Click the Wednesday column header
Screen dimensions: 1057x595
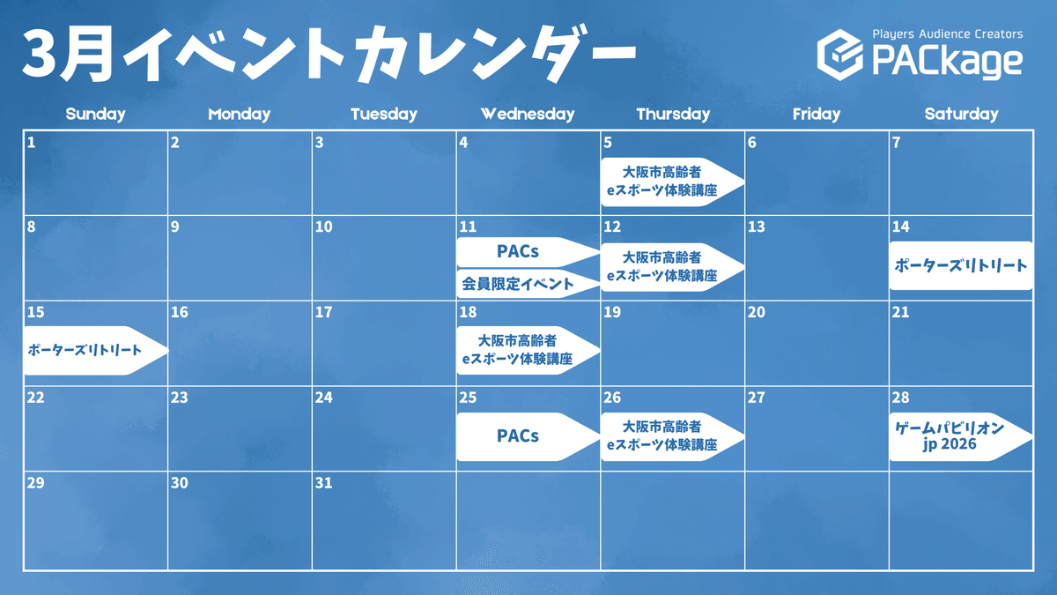click(528, 114)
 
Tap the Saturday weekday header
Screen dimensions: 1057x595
click(961, 114)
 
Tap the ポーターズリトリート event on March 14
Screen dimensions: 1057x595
click(961, 265)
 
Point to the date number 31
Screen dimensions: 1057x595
click(324, 483)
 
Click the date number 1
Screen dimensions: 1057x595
click(31, 142)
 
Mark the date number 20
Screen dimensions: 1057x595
click(756, 312)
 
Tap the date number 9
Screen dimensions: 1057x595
click(175, 227)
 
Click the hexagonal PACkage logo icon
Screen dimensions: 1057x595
click(840, 55)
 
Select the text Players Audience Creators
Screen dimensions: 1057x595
click(948, 34)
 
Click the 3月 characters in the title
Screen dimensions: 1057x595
click(69, 55)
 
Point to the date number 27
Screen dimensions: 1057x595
click(756, 398)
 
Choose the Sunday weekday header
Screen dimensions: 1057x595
click(95, 114)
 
